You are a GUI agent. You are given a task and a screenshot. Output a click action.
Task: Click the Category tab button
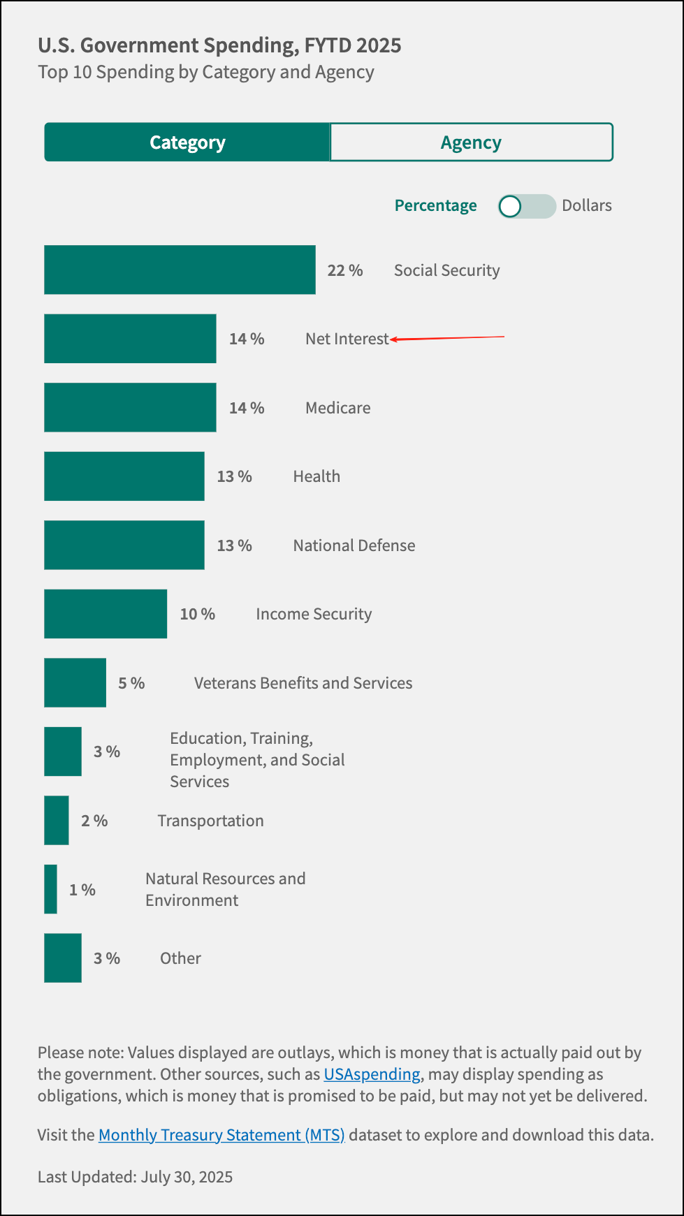tap(187, 142)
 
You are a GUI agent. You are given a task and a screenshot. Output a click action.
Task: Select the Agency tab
tap(471, 142)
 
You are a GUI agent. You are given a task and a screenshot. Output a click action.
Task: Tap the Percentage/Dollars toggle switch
tap(526, 206)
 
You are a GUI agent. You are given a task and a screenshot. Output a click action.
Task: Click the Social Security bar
tap(180, 270)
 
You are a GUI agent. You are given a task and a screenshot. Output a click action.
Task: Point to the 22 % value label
tap(345, 270)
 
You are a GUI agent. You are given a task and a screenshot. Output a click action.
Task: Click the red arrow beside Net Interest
tap(447, 338)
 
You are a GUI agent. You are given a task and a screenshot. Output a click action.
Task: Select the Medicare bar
tap(130, 407)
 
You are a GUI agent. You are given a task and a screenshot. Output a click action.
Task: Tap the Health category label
tap(316, 476)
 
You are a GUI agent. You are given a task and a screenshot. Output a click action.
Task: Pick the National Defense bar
tap(124, 545)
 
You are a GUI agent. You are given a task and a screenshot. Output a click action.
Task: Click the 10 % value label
tap(198, 614)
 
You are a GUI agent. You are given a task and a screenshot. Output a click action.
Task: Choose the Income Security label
tap(314, 614)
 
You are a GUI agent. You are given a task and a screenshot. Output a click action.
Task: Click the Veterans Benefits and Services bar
tap(75, 682)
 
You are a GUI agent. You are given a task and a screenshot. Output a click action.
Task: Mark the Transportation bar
tap(56, 821)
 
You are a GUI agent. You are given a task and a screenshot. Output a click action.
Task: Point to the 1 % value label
tap(82, 890)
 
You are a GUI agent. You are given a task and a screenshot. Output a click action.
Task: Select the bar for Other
tap(62, 958)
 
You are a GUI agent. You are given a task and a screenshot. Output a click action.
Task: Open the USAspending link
tap(372, 1074)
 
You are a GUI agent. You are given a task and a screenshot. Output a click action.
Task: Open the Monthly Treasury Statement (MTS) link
tap(221, 1135)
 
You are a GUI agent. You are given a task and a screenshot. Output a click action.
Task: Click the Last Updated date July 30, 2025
tap(187, 1177)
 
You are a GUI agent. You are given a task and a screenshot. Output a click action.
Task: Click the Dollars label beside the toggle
tap(587, 205)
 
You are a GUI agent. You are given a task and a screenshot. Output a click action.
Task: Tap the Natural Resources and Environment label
tap(225, 889)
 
